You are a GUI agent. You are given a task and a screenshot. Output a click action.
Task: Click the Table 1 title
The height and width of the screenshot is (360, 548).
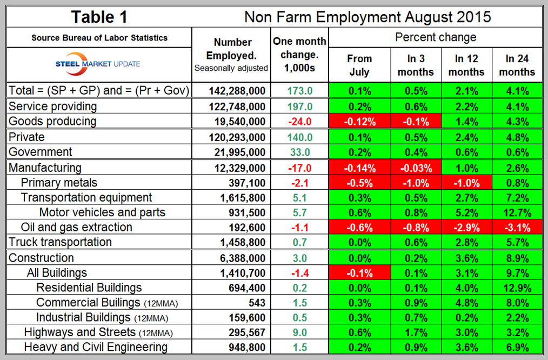pos(100,16)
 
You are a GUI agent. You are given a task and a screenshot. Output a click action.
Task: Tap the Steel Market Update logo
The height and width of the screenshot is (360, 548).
pos(98,64)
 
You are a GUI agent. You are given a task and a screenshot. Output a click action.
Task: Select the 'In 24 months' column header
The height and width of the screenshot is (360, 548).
pos(517,65)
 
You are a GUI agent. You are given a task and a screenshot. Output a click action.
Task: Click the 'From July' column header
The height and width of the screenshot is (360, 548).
pos(359,65)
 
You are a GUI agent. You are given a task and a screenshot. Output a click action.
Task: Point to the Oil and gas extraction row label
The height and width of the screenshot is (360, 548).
pos(76,227)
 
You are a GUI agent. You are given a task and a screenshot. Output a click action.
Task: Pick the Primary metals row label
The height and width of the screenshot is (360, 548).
pos(59,183)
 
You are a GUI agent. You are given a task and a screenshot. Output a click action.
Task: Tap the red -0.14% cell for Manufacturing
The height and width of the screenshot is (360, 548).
pos(359,168)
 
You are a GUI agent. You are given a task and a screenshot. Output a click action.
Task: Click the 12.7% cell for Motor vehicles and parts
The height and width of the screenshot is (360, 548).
pos(517,212)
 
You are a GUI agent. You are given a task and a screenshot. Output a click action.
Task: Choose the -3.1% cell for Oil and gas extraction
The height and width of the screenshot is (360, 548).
pos(517,227)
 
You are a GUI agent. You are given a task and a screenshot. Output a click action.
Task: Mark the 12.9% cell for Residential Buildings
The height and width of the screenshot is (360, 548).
pos(517,288)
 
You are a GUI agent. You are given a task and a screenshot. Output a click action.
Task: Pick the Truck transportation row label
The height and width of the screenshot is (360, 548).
pos(60,242)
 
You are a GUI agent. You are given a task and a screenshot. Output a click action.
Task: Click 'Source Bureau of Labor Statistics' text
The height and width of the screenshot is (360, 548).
pos(99,38)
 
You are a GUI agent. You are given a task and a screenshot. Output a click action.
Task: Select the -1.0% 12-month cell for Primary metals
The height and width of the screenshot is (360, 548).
pos(465,183)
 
